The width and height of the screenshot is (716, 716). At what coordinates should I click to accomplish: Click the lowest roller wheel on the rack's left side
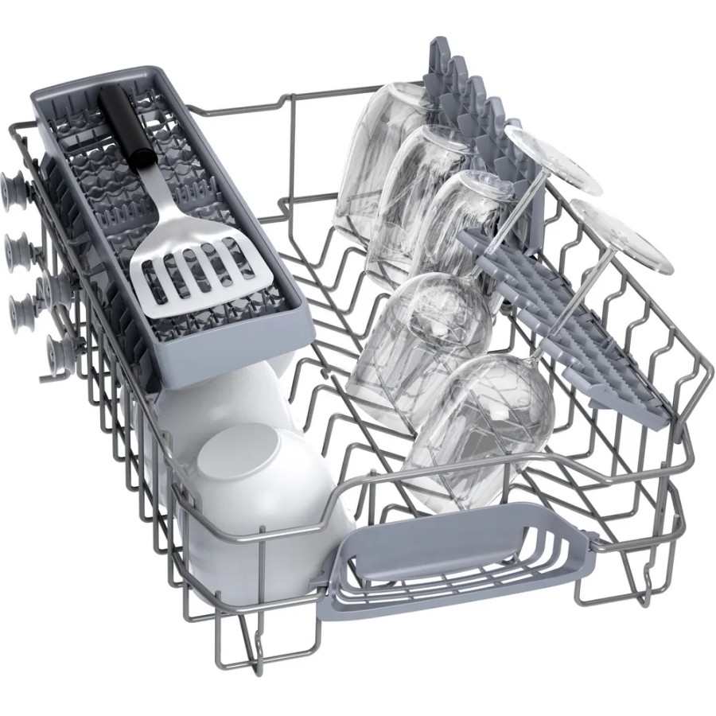click(x=59, y=350)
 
